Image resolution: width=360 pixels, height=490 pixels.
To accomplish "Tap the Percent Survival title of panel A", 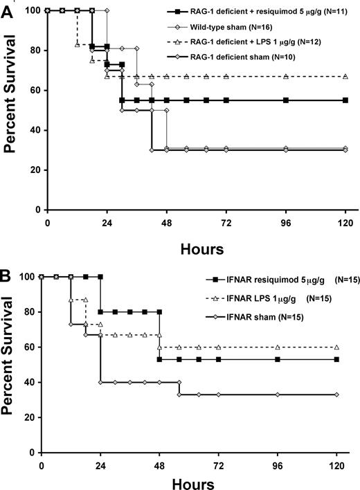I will [x=11, y=111].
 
